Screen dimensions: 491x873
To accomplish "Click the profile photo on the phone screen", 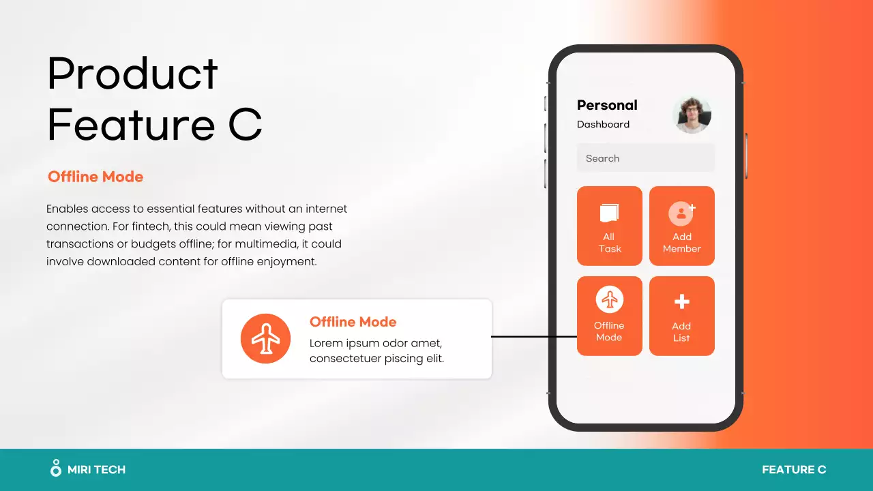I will tap(692, 114).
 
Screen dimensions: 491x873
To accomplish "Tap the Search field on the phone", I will tap(645, 158).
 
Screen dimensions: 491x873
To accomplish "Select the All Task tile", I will tap(610, 226).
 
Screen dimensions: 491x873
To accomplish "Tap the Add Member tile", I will tap(681, 226).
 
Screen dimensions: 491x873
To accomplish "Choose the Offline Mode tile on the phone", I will tap(610, 316).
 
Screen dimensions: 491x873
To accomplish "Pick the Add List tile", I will tap(681, 316).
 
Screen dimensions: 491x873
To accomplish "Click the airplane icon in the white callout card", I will tap(265, 338).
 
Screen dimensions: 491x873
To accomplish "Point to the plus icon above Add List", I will tap(681, 301).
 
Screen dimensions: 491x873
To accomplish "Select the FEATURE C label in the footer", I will tap(794, 469).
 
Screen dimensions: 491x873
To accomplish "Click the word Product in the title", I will tap(133, 74).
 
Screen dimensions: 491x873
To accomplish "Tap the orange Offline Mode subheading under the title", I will tap(95, 177).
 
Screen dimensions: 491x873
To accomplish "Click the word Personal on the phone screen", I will tap(607, 105).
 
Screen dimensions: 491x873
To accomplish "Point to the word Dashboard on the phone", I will tap(603, 124).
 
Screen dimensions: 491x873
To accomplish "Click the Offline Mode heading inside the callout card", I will tap(353, 322).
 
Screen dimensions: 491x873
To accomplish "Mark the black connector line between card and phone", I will tap(534, 336).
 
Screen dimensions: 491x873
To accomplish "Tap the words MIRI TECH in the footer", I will tap(97, 469).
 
